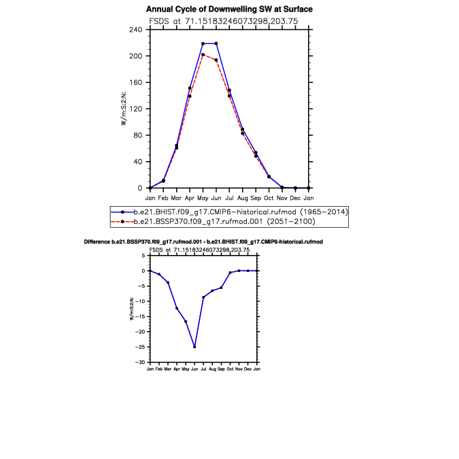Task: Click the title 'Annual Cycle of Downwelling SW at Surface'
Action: (229, 10)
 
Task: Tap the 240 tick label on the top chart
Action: (136, 29)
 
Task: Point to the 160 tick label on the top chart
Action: (136, 82)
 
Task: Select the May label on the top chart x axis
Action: (203, 199)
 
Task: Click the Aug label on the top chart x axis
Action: (242, 199)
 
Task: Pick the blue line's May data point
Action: (203, 44)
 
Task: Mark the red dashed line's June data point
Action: (216, 60)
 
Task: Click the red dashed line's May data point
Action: (203, 54)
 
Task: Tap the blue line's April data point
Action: (190, 88)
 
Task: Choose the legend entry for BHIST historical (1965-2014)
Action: (230, 212)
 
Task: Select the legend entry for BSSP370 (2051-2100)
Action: (213, 221)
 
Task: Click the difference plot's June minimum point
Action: (194, 347)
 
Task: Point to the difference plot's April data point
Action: (177, 308)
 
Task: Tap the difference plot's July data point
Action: (203, 297)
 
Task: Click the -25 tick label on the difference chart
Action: (140, 347)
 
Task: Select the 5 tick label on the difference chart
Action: (143, 256)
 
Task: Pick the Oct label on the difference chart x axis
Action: (230, 369)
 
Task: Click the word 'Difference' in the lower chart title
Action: (97, 242)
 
